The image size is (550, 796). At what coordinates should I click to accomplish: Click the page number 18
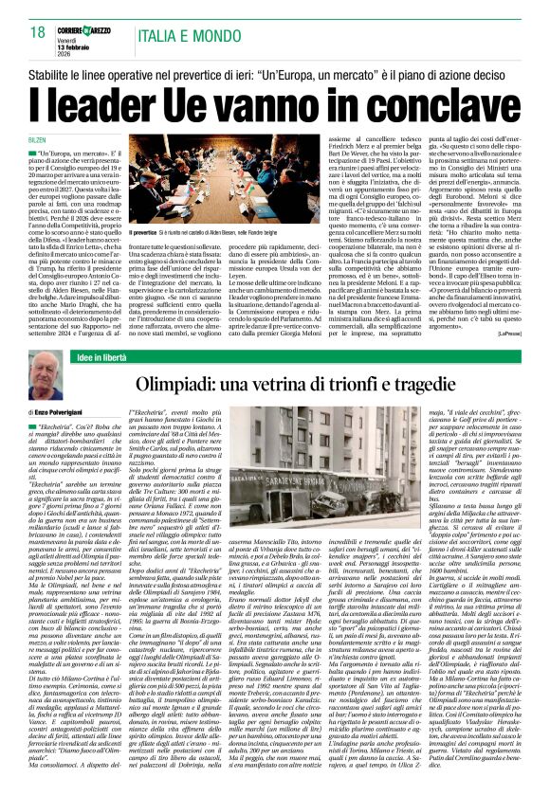(x=37, y=33)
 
